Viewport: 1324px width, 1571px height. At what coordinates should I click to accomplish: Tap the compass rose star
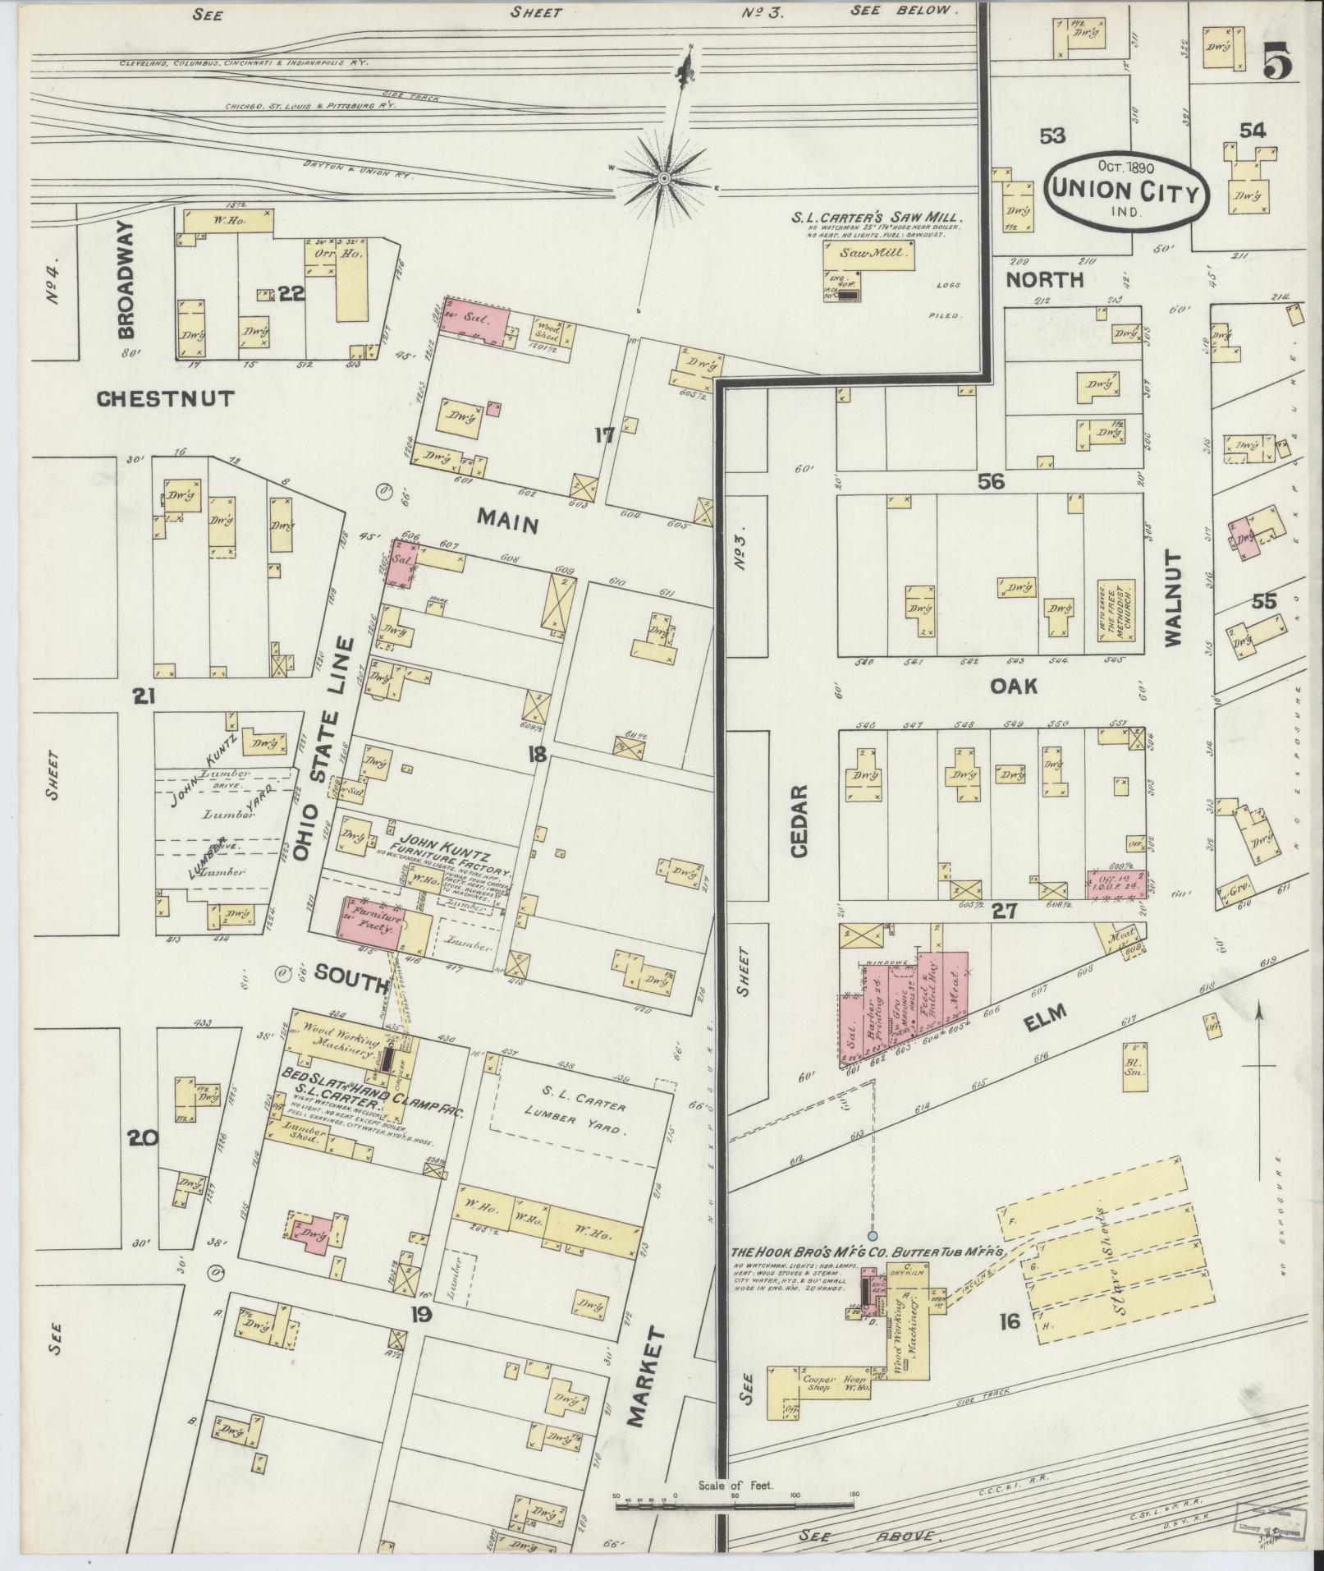664,177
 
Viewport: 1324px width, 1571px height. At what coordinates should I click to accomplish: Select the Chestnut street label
166,399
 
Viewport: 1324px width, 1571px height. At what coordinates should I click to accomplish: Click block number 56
991,482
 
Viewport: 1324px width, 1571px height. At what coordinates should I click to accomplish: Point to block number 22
291,295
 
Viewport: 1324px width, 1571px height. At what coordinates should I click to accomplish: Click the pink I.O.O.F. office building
1116,884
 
